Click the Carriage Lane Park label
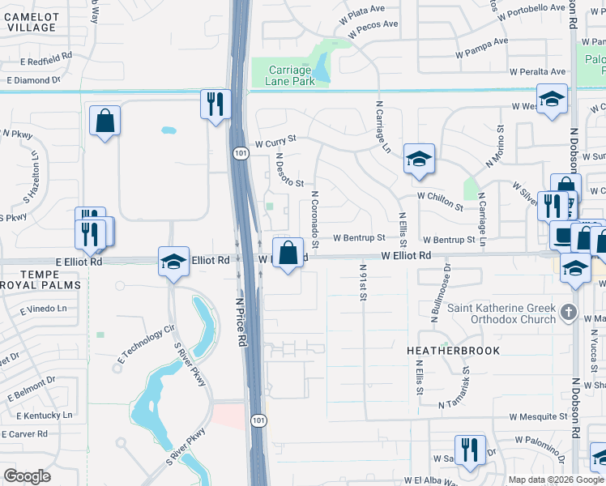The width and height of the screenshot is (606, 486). pos(291,75)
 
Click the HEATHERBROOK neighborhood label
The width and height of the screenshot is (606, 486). pos(454,351)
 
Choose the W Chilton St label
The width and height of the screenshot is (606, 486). pos(440,196)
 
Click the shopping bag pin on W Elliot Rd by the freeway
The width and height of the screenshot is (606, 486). pos(288,252)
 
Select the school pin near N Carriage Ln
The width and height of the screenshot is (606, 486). pos(419,159)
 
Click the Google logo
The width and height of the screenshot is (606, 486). pos(28,476)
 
